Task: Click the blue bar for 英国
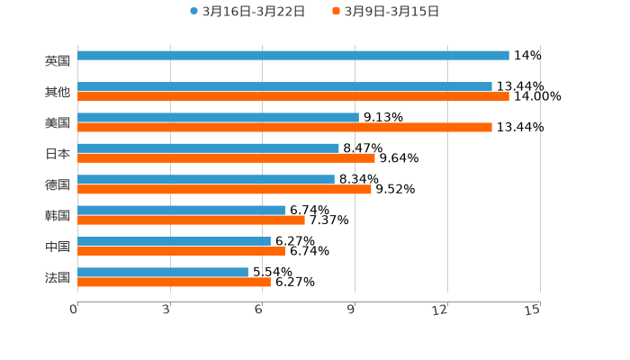(293, 56)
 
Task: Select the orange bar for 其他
(293, 97)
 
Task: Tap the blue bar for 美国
(218, 118)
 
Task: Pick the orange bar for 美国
(284, 128)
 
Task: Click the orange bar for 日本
(226, 158)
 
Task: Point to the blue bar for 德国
(206, 180)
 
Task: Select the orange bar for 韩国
(191, 220)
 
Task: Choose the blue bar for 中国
(174, 241)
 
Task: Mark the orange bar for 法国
(174, 283)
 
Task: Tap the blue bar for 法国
(163, 273)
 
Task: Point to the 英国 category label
(58, 61)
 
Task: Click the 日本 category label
(58, 154)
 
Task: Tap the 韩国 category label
(58, 216)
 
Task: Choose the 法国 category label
(58, 277)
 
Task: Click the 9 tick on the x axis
(353, 310)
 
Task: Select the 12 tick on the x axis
(440, 310)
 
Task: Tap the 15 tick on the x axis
(533, 310)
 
